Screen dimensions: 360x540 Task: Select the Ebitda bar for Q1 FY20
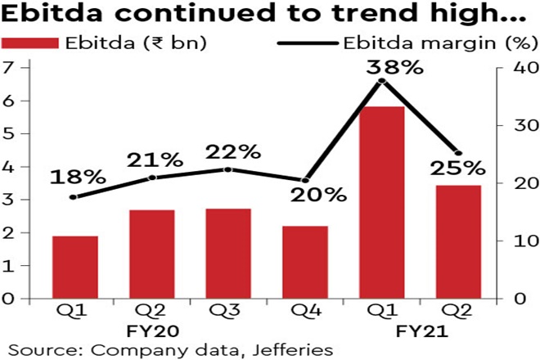click(75, 268)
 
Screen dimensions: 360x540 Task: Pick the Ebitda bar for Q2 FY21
click(457, 242)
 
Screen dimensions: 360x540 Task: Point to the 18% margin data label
click(77, 177)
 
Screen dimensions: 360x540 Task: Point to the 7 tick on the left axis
click(9, 67)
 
